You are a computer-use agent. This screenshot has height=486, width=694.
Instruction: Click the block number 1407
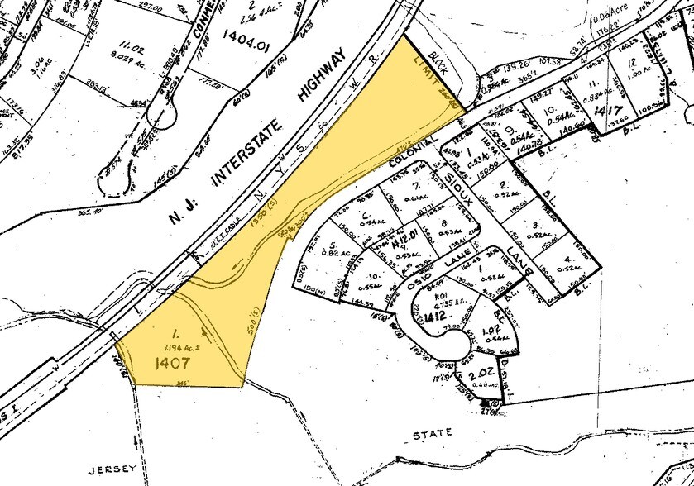171,361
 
